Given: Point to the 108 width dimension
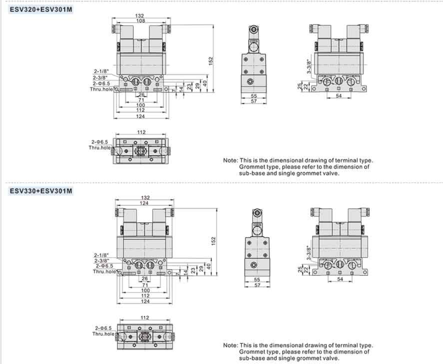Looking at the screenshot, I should coord(140,20).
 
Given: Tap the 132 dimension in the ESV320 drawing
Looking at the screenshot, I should coord(140,16).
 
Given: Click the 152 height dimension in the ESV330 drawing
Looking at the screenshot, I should coord(213,241).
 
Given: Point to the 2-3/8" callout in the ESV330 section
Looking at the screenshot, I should coord(101,260).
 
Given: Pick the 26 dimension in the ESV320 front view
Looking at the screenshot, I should coord(141,95).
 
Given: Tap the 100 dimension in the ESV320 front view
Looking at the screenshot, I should coord(141,105).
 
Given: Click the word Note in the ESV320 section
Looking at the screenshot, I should coord(230,160).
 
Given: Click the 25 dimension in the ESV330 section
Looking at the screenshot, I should coord(299,270).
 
